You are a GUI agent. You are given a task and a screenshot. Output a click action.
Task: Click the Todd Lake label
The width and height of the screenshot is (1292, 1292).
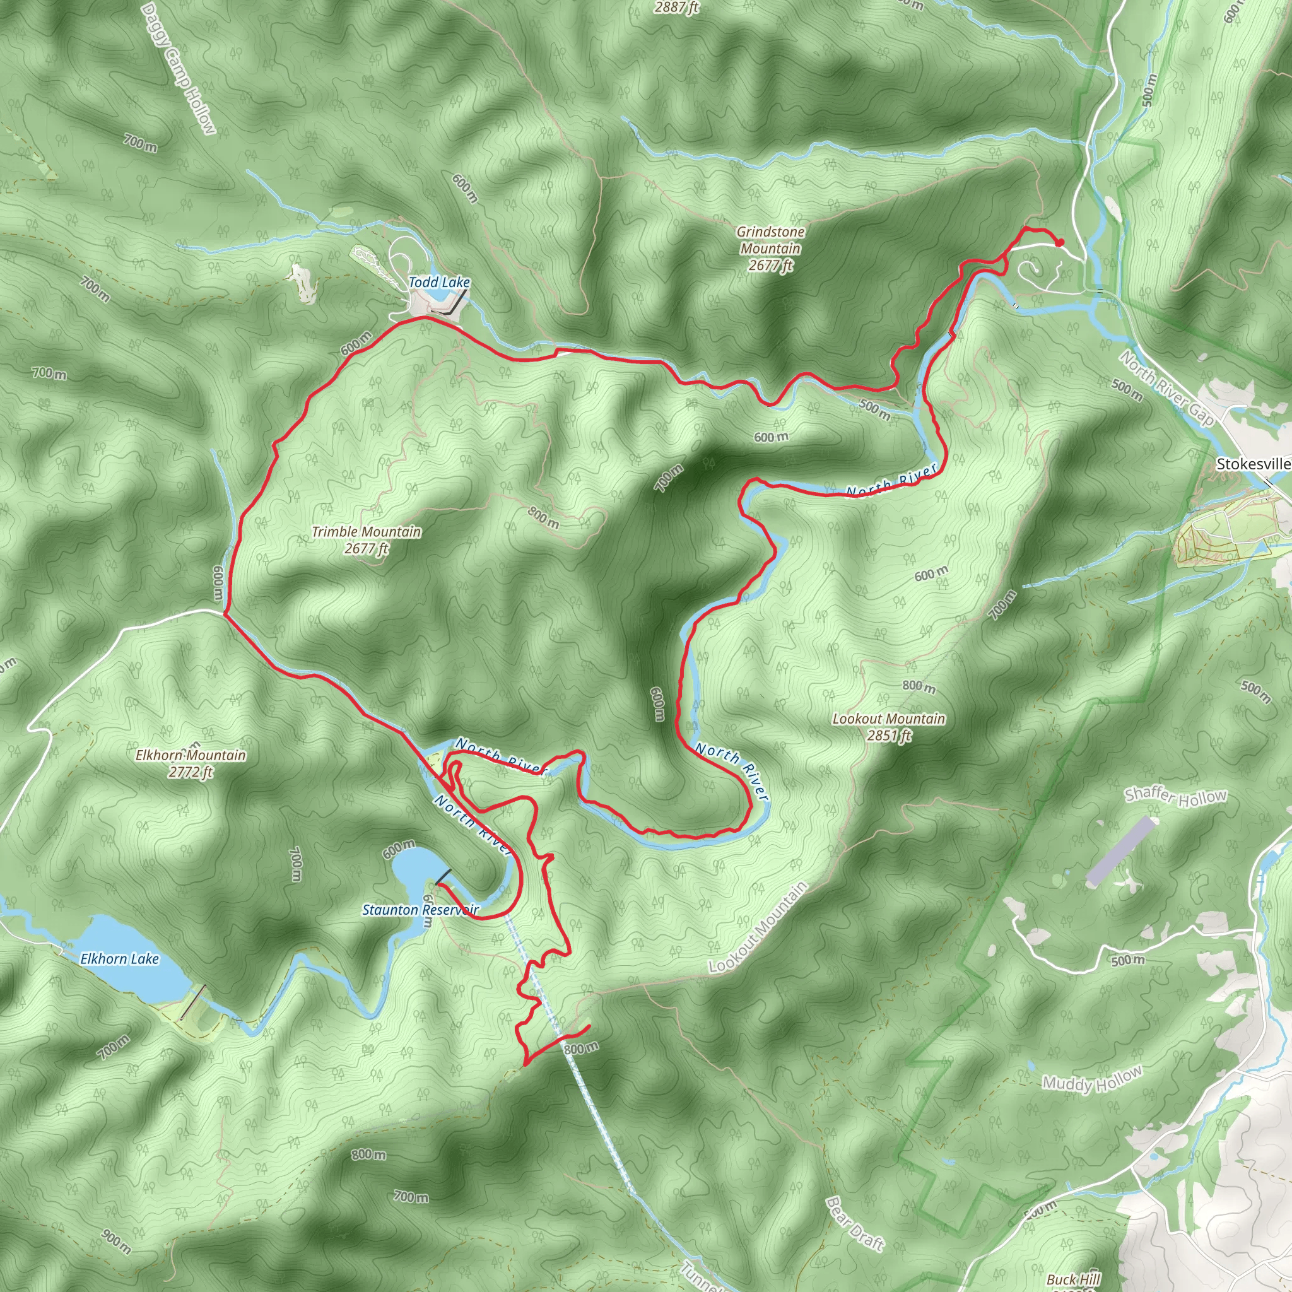438,282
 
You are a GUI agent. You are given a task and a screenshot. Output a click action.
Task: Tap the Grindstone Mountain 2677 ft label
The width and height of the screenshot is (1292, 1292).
770,249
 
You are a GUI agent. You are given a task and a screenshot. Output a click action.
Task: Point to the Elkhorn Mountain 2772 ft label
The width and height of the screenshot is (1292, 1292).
191,764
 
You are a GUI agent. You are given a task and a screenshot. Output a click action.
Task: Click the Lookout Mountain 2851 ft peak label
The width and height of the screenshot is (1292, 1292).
889,727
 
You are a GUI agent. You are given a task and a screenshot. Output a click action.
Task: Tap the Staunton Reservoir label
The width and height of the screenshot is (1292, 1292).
420,910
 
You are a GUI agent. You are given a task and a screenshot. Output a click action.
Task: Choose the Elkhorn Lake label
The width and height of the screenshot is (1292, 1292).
120,959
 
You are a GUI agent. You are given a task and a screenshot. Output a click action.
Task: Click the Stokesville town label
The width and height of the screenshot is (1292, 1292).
1252,464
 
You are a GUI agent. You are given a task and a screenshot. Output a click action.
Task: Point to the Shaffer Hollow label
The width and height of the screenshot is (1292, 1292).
1176,796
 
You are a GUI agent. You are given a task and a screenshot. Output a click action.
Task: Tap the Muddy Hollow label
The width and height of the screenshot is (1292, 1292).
1092,1080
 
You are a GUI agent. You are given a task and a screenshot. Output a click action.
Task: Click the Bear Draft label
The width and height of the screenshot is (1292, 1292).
855,1223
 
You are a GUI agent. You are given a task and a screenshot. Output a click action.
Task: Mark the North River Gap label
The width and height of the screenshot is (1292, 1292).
1166,389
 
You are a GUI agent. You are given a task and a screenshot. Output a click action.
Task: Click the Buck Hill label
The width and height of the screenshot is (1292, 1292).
1073,1279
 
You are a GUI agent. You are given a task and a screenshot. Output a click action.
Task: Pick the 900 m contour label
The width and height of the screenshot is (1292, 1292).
116,1240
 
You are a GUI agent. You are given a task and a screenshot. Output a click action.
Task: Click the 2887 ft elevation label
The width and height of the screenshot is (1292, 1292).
676,8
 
